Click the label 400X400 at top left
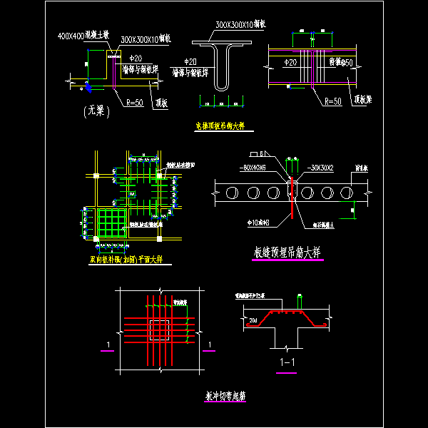(x=71, y=34)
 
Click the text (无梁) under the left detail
(x=93, y=110)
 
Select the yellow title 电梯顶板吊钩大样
(x=220, y=126)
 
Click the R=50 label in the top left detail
(x=134, y=102)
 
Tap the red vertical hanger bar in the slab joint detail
(x=291, y=200)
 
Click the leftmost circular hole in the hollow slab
(x=230, y=192)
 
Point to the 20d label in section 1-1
(x=254, y=320)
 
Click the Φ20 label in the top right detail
(x=290, y=63)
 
